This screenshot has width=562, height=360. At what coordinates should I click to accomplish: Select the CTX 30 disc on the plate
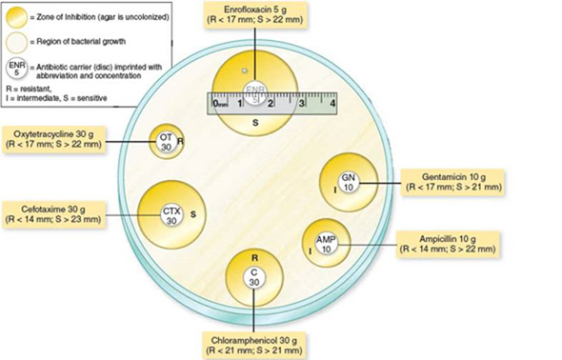tap(171, 214)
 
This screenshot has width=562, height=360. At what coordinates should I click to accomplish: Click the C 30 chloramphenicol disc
tap(253, 276)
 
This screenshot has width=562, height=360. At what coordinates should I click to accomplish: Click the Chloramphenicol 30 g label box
tap(253, 345)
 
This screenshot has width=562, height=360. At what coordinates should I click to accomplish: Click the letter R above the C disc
tap(254, 258)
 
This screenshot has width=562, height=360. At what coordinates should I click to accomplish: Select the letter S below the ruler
tap(254, 123)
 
